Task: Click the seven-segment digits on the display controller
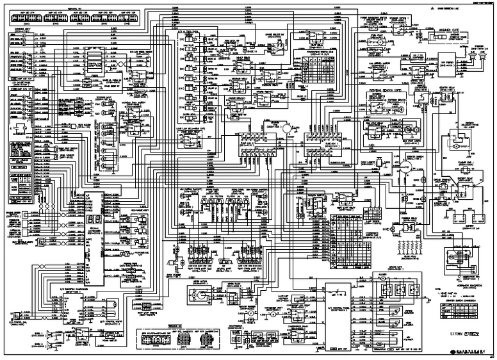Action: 89,222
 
